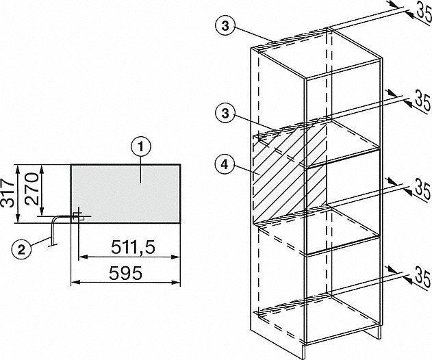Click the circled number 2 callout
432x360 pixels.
coord(21,250)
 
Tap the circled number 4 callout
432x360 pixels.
coord(225,165)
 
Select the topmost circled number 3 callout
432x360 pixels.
coord(225,27)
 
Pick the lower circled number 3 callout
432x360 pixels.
coord(225,113)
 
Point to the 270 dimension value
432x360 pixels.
coord(31,189)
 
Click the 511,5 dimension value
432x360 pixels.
coord(134,247)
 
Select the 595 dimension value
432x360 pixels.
coord(126,273)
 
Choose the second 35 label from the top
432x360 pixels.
coord(422,100)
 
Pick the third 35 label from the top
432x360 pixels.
coord(423,190)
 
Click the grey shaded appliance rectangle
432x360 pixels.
coord(126,194)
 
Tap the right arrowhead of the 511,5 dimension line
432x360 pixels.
coord(175,257)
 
